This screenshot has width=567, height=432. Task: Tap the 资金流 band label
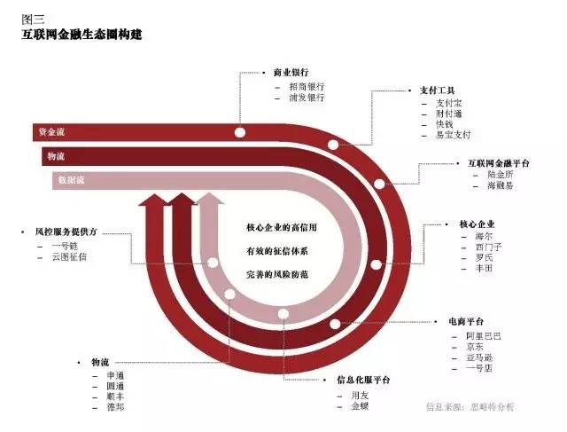50,132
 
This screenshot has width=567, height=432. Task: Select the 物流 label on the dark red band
55,156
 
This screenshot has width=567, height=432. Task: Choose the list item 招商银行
307,86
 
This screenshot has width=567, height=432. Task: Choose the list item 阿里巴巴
484,336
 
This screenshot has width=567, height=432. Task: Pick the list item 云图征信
69,256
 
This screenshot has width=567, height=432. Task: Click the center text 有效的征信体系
282,252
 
